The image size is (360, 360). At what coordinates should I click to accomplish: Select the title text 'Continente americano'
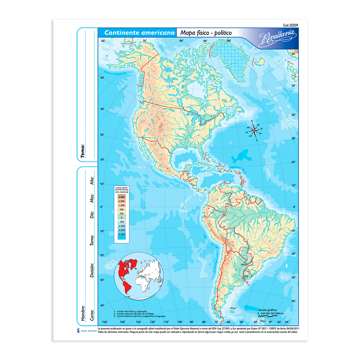pyautogui.click(x=137, y=33)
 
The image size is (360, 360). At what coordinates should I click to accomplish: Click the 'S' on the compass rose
pyautogui.click(x=256, y=140)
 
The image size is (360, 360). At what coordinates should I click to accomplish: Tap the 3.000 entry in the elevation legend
pyautogui.click(x=121, y=197)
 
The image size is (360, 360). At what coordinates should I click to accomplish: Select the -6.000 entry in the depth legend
pyautogui.click(x=121, y=234)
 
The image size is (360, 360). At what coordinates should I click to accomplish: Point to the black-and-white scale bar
pyautogui.click(x=268, y=316)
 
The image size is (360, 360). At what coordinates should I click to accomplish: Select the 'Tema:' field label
pyautogui.click(x=83, y=151)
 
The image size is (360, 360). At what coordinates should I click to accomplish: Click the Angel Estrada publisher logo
pyautogui.click(x=85, y=330)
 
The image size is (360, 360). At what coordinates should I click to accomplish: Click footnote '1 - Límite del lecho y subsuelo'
pyautogui.click(x=131, y=311)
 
